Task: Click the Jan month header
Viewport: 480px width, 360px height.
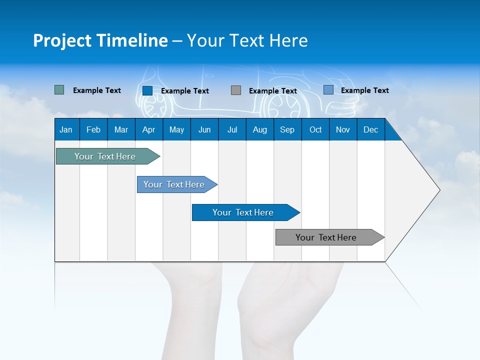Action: (x=66, y=129)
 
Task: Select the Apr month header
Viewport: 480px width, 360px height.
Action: (x=148, y=129)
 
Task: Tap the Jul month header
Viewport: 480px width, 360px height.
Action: (x=232, y=129)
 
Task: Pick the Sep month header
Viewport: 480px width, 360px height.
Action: (x=287, y=129)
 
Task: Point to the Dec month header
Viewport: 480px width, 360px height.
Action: (x=370, y=129)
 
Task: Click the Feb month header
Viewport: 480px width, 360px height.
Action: (x=93, y=129)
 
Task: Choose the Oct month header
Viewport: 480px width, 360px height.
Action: (x=315, y=129)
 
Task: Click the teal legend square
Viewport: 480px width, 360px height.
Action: (x=59, y=90)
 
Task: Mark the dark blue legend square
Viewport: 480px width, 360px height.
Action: (x=147, y=90)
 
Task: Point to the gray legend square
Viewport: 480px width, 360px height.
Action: (x=236, y=90)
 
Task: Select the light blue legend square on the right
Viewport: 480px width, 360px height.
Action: (x=328, y=89)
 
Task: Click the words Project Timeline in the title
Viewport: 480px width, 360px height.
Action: (x=100, y=40)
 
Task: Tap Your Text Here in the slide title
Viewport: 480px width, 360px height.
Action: (x=247, y=40)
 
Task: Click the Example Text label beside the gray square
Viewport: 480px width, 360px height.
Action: (x=272, y=91)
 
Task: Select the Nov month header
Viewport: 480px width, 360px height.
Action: (x=343, y=129)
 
